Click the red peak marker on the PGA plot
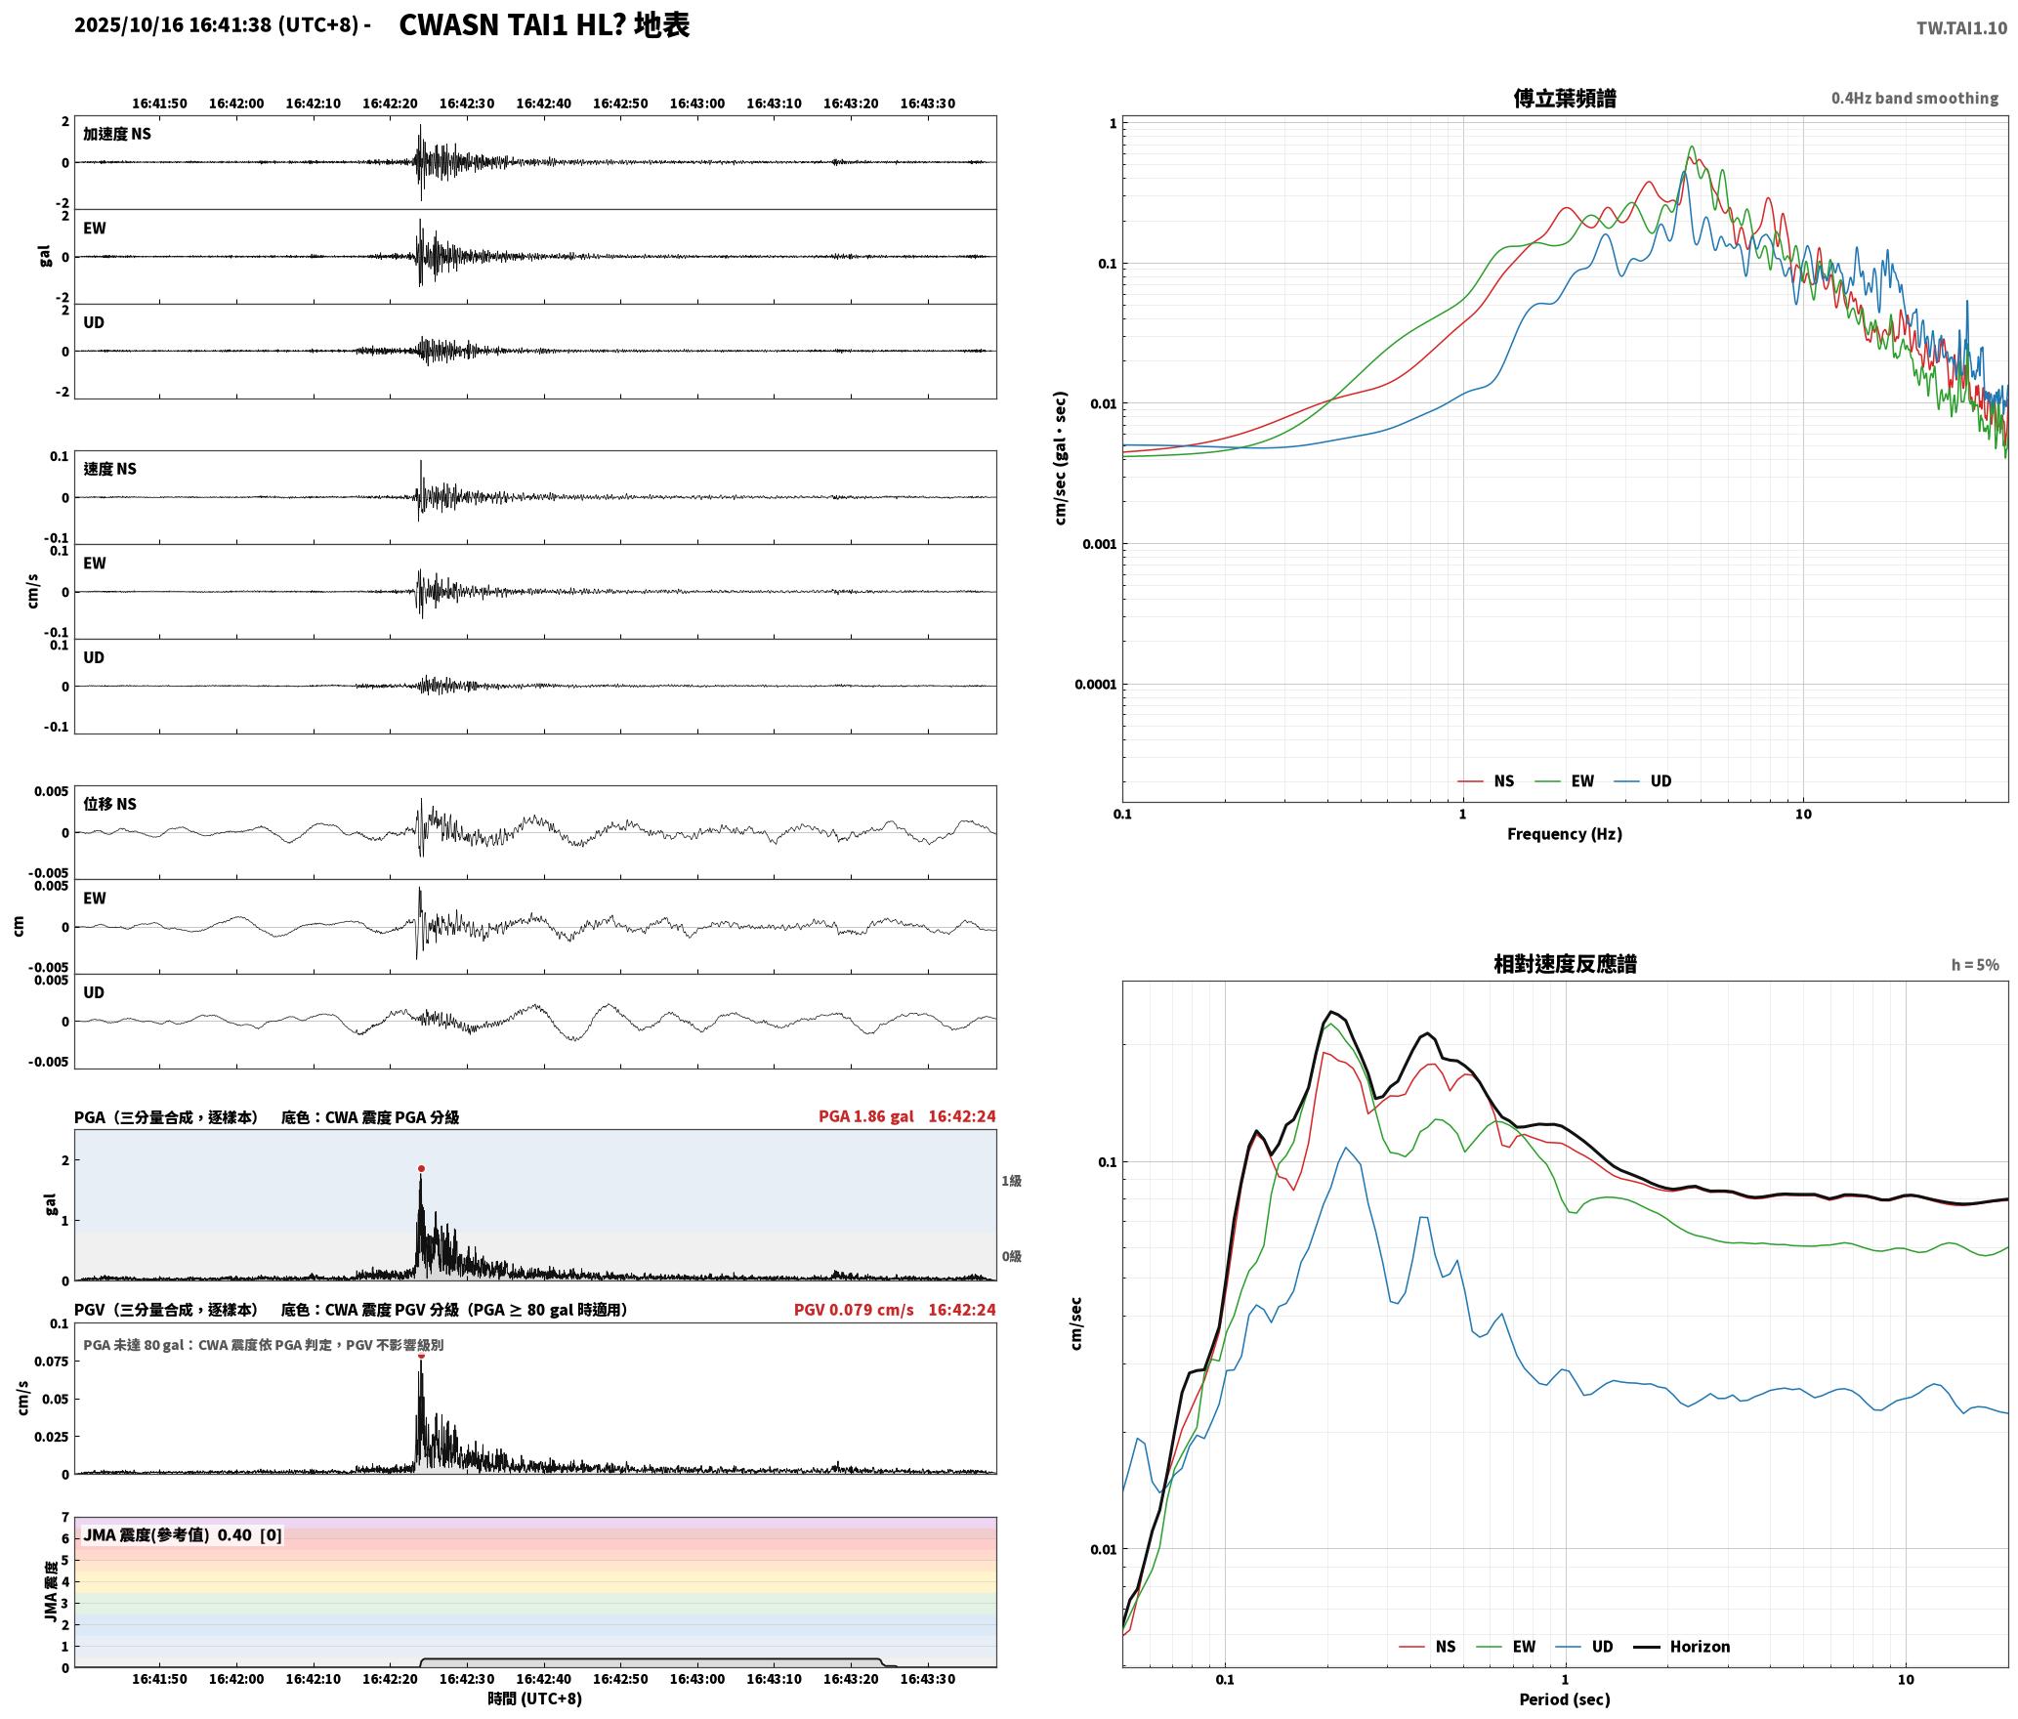(x=421, y=1168)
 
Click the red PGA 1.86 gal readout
(x=866, y=1116)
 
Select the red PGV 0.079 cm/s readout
(x=854, y=1310)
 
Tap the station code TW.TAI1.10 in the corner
(x=1961, y=28)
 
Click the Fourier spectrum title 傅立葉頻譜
(x=1564, y=98)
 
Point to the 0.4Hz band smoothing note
(x=1914, y=99)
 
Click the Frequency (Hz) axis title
(x=1564, y=833)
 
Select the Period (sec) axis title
(x=1564, y=1698)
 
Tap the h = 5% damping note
(x=1975, y=965)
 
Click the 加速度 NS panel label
(x=117, y=134)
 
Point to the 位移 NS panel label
(x=110, y=804)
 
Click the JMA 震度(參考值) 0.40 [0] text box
(x=183, y=1534)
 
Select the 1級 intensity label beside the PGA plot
(x=1011, y=1181)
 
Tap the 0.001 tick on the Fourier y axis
(x=1099, y=544)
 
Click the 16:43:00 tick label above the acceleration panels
(x=697, y=104)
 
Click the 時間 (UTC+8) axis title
(x=535, y=1698)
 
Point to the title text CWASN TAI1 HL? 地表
(x=544, y=25)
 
